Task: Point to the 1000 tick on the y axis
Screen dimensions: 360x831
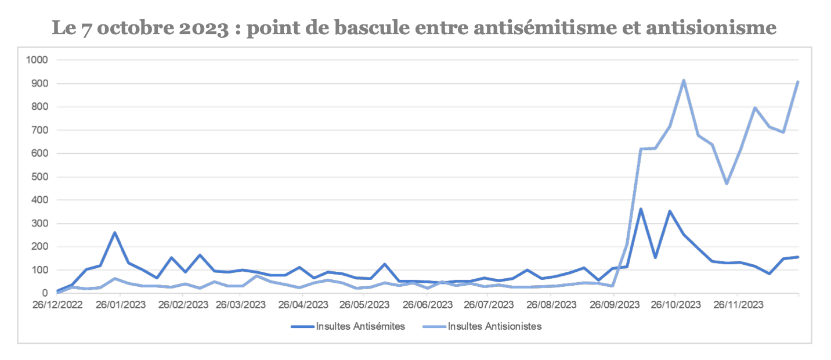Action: point(37,60)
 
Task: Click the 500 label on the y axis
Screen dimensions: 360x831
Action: point(39,177)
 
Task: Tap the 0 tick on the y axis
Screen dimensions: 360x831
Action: point(45,293)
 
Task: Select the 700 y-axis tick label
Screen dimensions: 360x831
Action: point(39,130)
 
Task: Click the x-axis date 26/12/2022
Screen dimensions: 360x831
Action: point(57,304)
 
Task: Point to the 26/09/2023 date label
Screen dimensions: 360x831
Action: point(614,304)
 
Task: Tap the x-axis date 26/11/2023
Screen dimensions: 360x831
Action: point(737,304)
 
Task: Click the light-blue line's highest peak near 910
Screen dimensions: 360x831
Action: point(684,81)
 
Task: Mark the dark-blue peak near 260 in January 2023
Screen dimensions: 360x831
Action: point(115,233)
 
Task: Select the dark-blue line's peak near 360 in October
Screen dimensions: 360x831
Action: point(641,209)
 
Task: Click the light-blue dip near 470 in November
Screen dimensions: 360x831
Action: point(726,183)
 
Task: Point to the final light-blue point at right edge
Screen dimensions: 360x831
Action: point(798,82)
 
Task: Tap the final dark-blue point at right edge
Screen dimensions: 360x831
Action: point(798,257)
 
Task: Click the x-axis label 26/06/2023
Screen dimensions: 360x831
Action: point(428,304)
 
